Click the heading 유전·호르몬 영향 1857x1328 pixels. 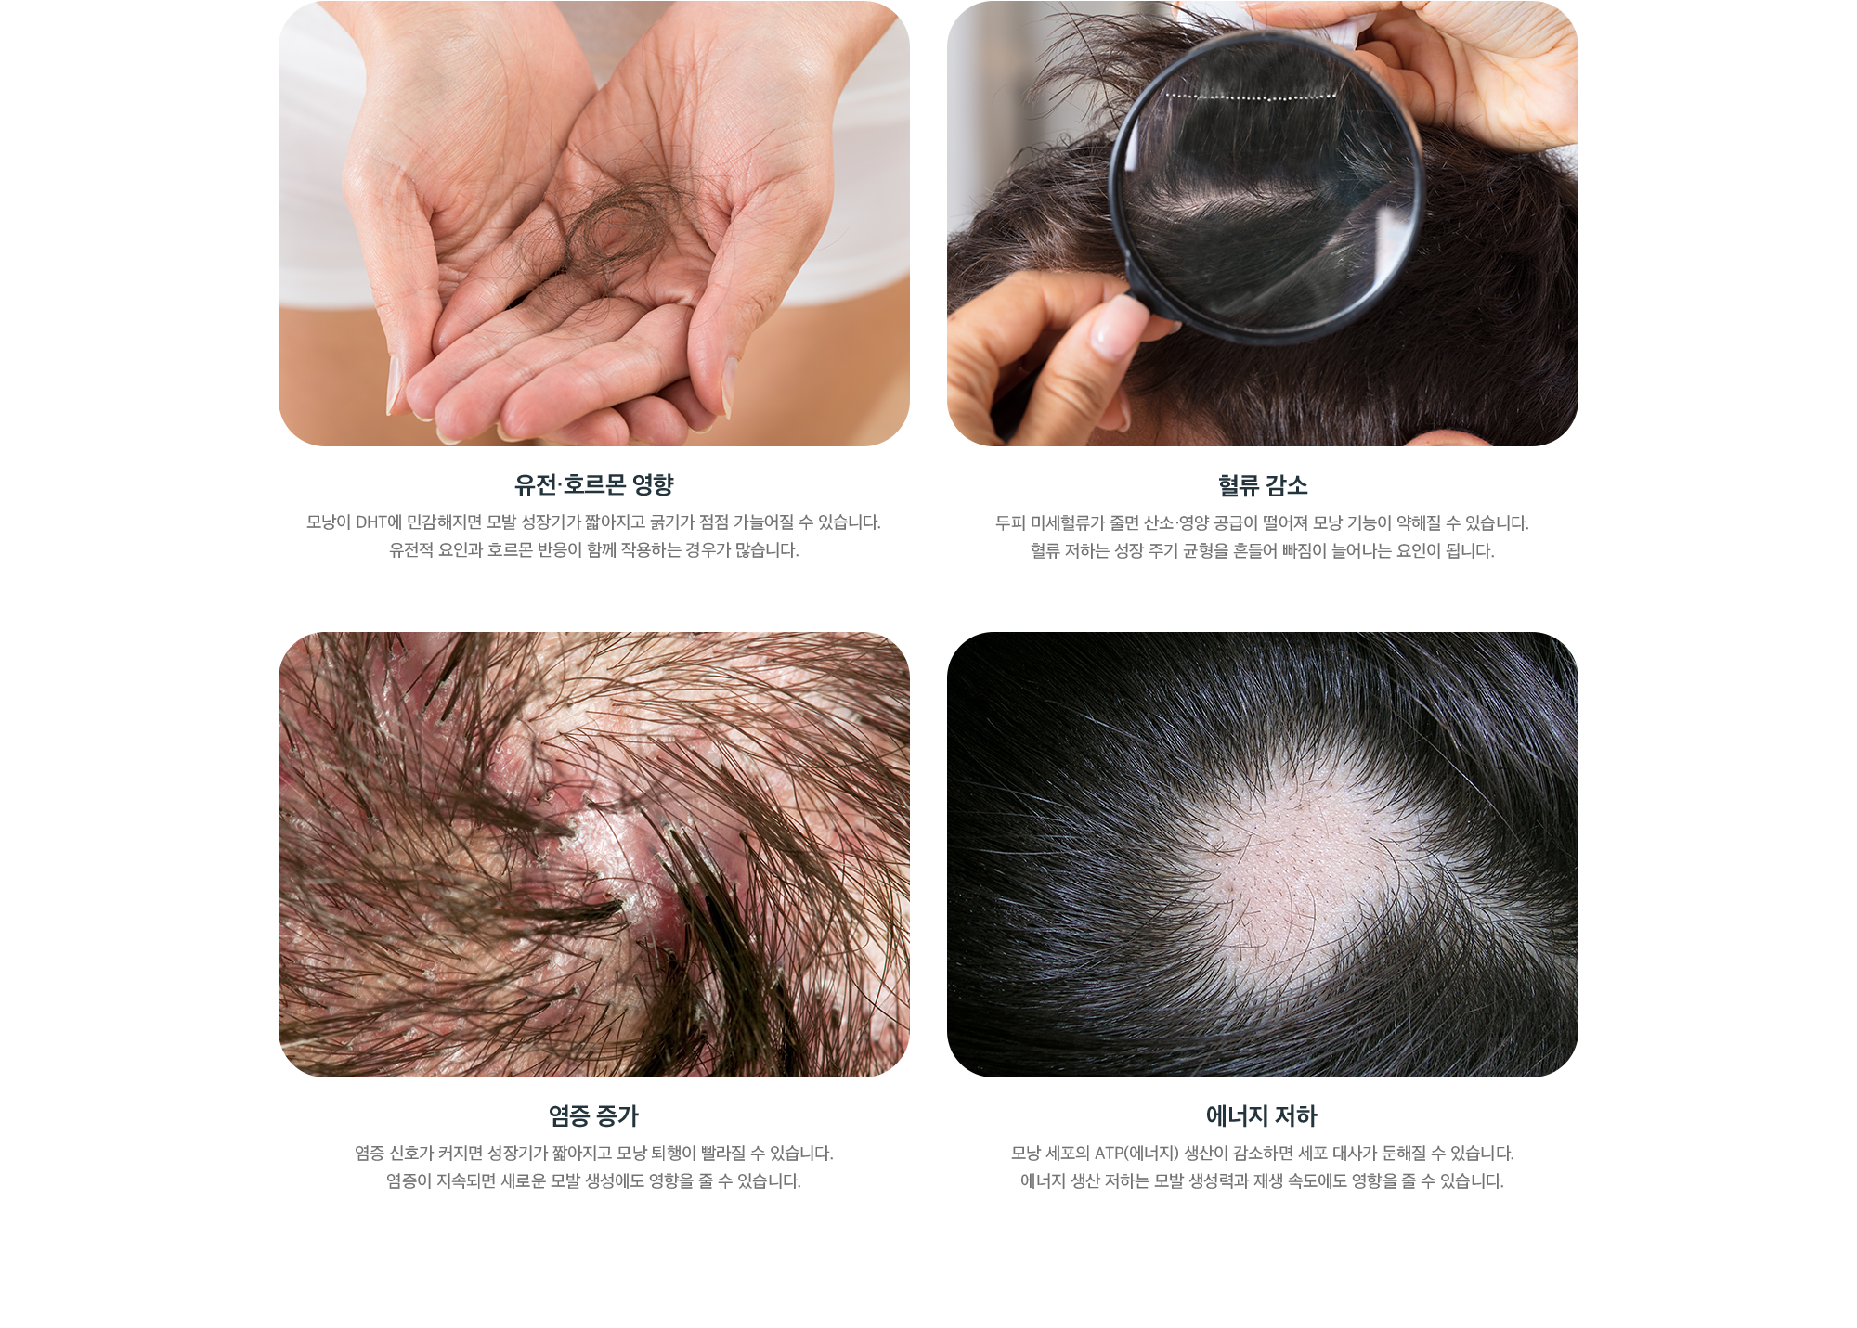[x=594, y=484]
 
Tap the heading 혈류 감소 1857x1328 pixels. [x=1263, y=485]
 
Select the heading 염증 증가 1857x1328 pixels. [x=594, y=1115]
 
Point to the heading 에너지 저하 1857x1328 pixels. [x=1262, y=1115]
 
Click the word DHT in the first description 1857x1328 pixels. [x=371, y=522]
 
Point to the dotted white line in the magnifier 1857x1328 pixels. [x=1251, y=96]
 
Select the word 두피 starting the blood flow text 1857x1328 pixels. [x=1010, y=523]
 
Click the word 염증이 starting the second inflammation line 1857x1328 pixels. [x=409, y=1181]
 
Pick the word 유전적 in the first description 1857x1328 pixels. [x=411, y=550]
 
